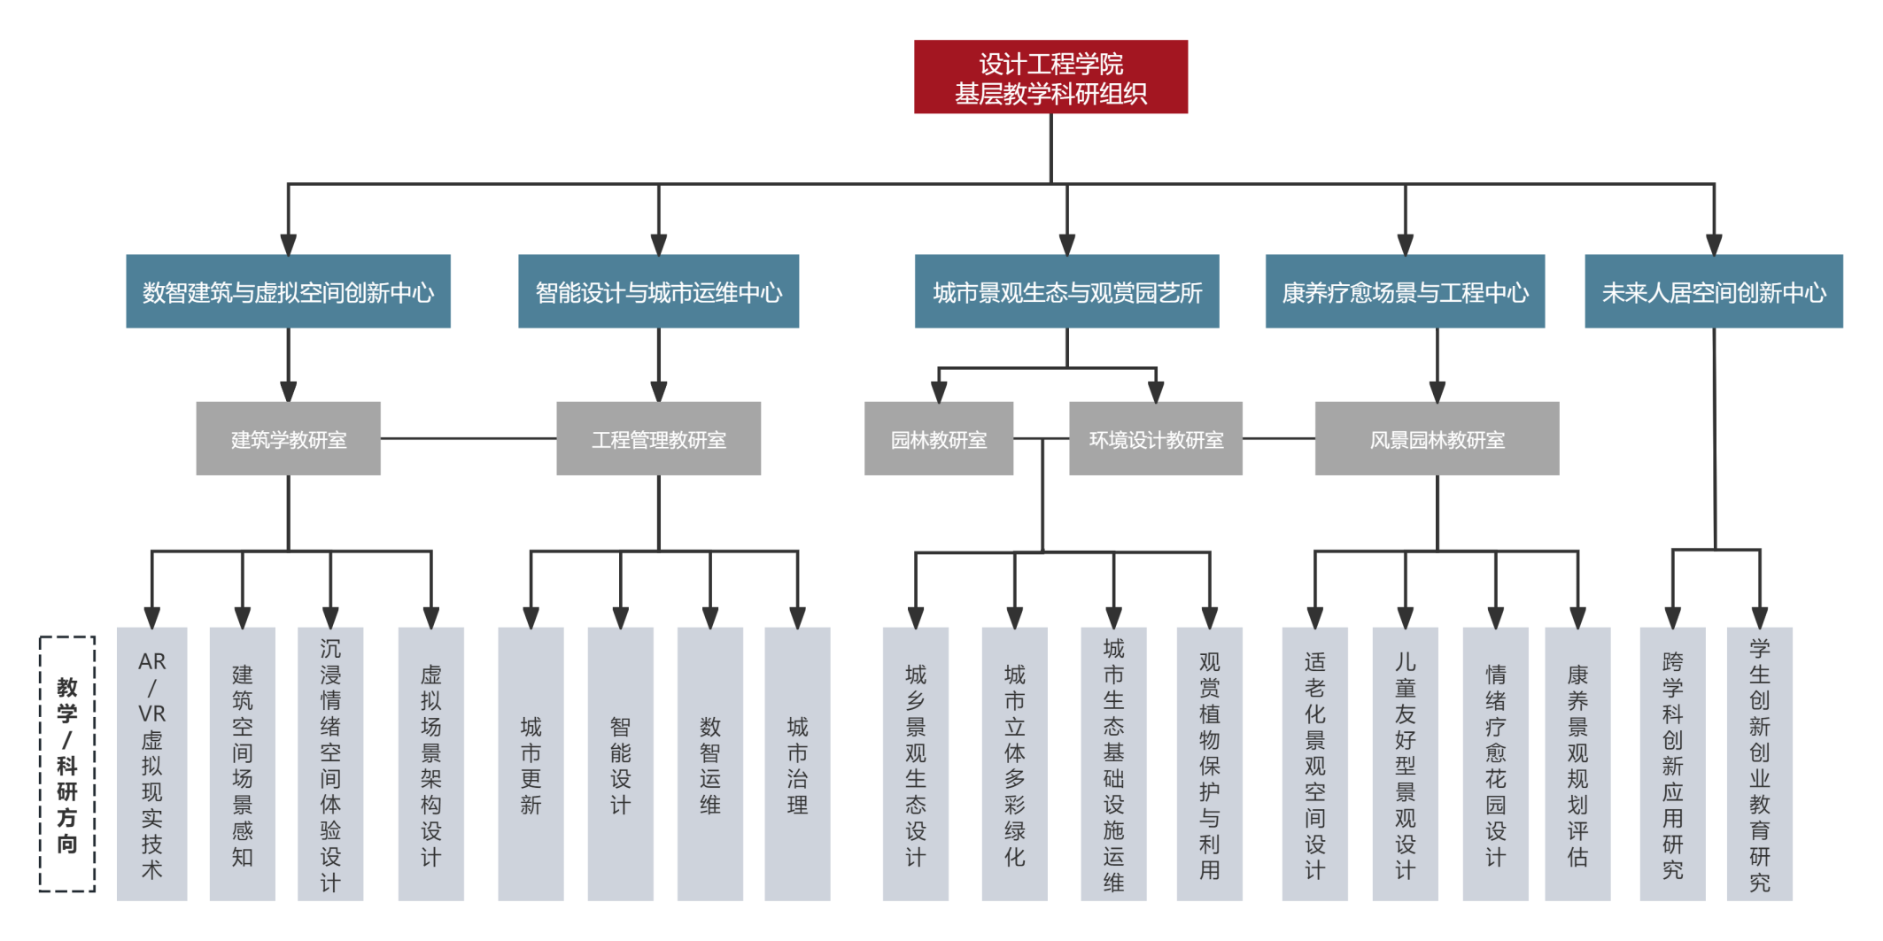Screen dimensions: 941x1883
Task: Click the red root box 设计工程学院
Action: click(1050, 77)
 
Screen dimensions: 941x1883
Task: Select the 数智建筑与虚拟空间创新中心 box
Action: click(288, 292)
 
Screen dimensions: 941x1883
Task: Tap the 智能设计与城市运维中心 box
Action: click(658, 292)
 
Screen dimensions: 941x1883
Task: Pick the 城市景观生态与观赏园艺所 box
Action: click(1066, 292)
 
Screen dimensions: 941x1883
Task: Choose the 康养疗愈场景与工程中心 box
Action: click(1405, 292)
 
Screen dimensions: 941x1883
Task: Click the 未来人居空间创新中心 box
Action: click(1713, 292)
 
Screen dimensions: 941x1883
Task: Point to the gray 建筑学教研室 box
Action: click(288, 439)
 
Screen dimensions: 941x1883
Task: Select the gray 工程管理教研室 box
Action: click(658, 439)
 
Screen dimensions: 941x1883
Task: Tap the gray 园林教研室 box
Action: click(938, 439)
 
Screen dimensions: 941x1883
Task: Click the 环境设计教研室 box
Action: click(1155, 439)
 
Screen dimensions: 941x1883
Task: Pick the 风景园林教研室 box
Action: click(1437, 439)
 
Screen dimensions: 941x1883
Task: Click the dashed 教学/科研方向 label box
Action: click(67, 764)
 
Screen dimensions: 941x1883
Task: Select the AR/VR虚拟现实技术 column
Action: click(151, 764)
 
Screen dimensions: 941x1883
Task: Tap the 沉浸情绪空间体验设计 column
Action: click(330, 764)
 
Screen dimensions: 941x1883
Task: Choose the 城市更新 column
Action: click(531, 764)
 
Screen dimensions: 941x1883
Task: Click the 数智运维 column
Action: click(709, 764)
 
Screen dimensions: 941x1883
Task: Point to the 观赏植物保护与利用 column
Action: click(1209, 764)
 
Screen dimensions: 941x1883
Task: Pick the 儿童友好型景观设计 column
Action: click(1405, 764)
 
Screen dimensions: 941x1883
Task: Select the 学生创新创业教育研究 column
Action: click(1759, 764)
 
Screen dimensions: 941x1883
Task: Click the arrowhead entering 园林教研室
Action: click(939, 392)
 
